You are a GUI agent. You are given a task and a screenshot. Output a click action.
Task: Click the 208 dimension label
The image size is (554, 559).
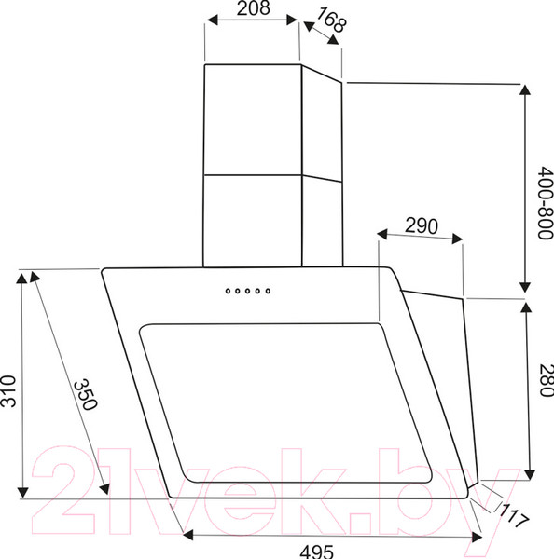253,7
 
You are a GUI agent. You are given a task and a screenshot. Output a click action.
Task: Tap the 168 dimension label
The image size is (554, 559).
331,20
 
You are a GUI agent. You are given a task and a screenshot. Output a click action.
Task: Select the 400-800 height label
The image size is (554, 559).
546,202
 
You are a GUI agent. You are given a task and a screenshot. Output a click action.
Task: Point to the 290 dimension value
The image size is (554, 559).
422,225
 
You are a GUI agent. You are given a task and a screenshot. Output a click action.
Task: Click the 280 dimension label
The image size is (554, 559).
547,380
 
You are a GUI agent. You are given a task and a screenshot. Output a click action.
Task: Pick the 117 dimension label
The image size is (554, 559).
513,516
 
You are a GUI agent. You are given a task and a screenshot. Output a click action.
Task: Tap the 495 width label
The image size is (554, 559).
316,552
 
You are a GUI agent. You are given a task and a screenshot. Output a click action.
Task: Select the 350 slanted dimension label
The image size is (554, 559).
85,394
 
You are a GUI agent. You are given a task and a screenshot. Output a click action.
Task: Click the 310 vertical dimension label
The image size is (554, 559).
8,391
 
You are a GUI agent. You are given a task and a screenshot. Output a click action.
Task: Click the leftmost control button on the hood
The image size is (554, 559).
228,292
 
